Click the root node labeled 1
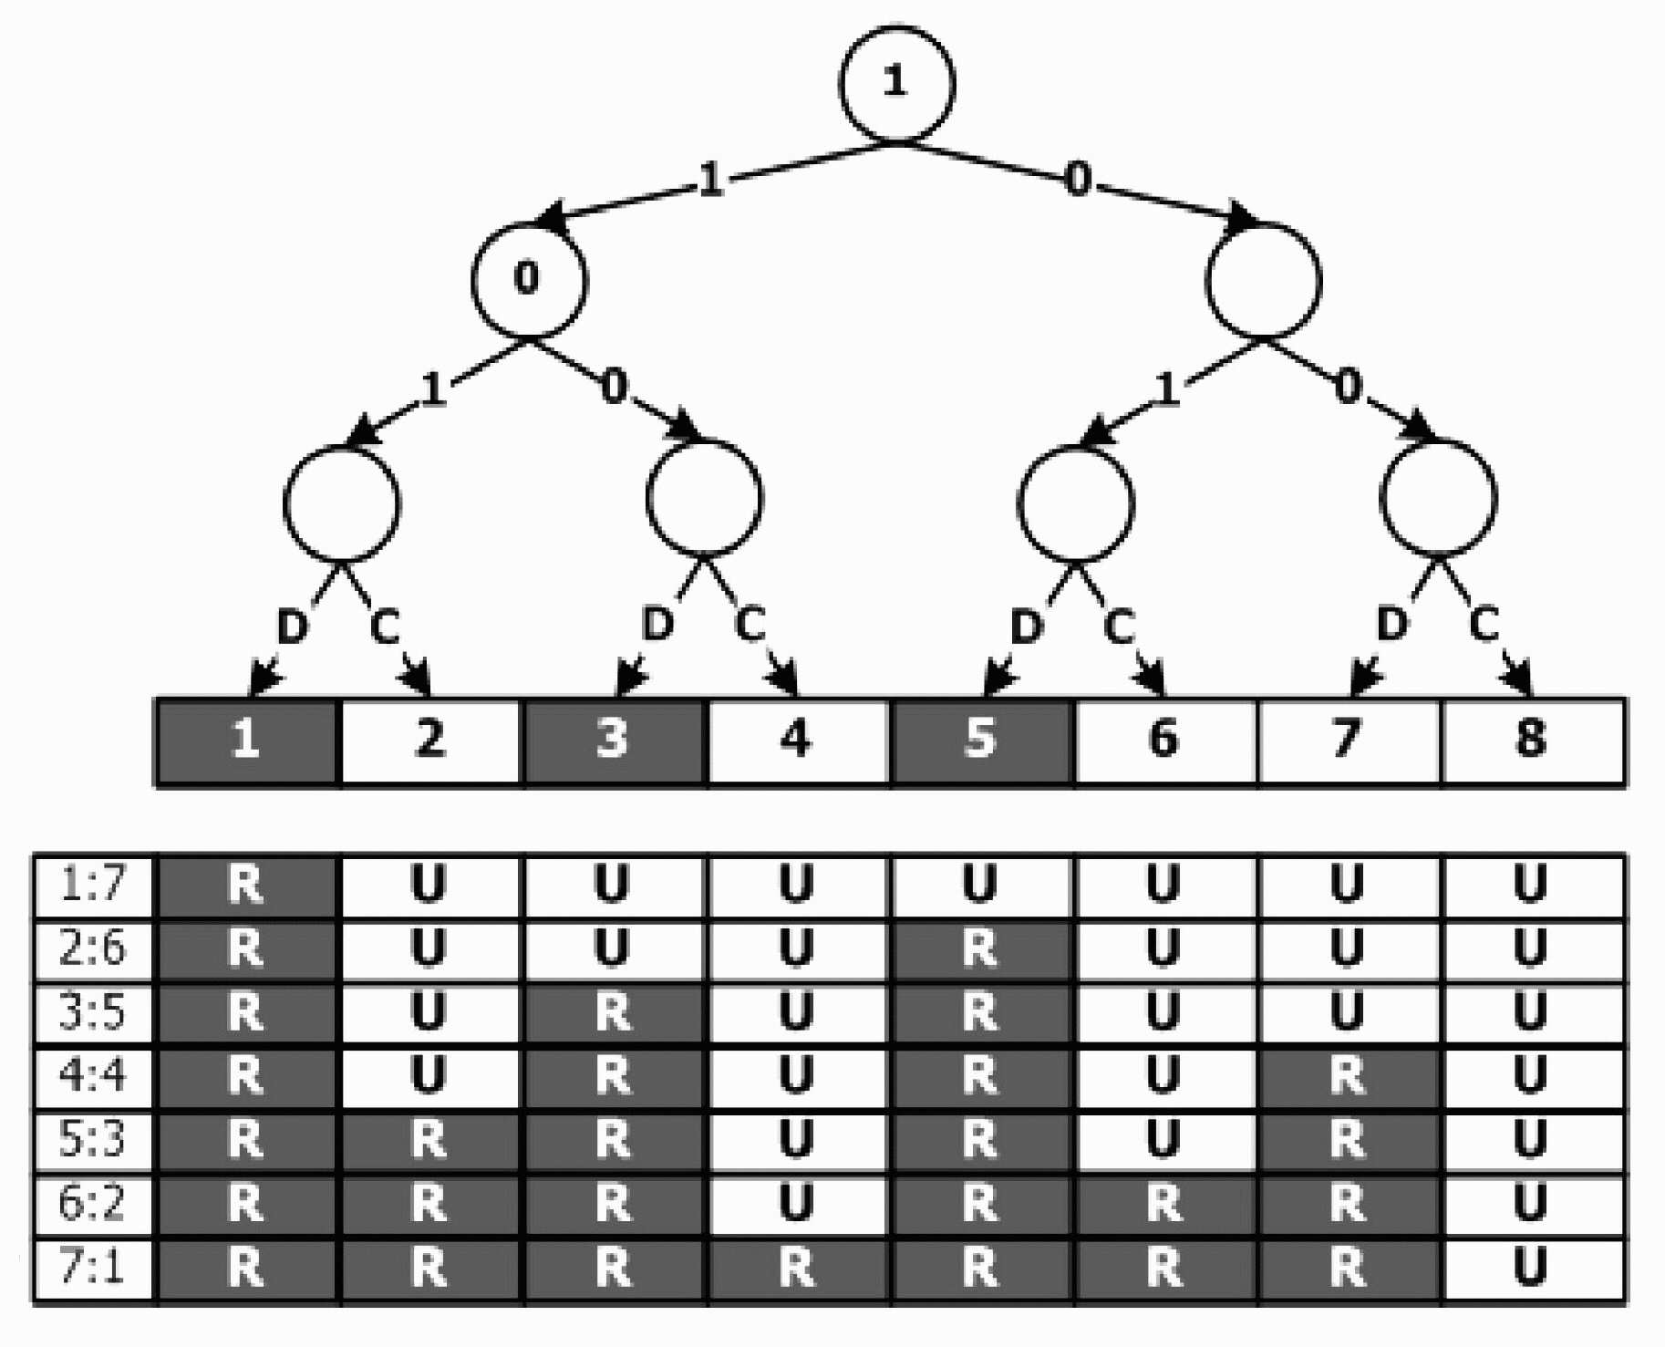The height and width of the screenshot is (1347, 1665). click(x=896, y=84)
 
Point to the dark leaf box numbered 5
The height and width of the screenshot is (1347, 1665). click(x=981, y=741)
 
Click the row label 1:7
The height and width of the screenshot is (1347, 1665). click(x=93, y=886)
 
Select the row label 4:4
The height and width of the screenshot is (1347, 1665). click(x=93, y=1077)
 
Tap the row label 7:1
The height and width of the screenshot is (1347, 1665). click(x=93, y=1269)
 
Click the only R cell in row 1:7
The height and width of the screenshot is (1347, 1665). click(x=246, y=886)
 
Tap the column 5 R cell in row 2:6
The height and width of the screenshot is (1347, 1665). click(x=981, y=949)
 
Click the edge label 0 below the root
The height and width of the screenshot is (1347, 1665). click(x=1078, y=180)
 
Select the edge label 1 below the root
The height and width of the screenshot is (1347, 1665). click(x=710, y=180)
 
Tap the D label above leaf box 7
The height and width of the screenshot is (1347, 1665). click(x=1391, y=626)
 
